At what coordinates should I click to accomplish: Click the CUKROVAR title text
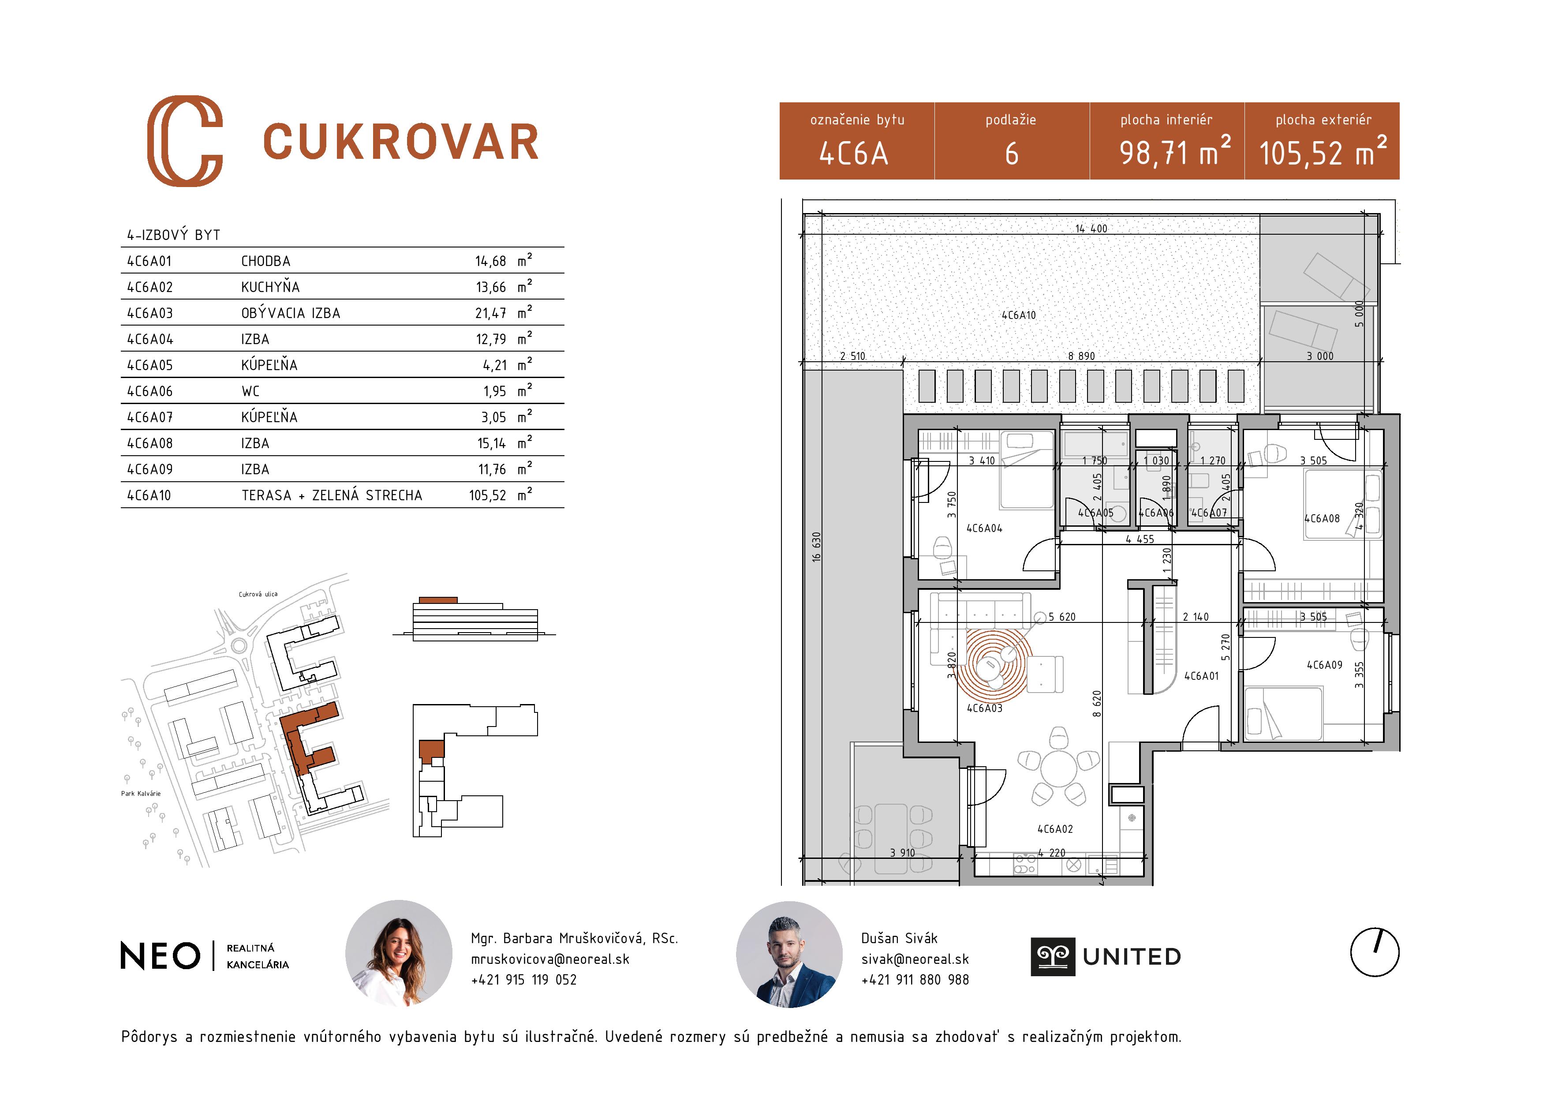[x=401, y=142]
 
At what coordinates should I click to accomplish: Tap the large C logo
[x=185, y=141]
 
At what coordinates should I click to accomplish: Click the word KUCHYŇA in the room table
[x=270, y=287]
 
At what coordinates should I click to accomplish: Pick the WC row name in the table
[x=250, y=392]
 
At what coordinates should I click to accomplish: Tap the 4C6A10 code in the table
[x=149, y=495]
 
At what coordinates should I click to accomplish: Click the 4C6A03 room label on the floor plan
[x=984, y=708]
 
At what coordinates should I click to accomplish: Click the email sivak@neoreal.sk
[x=914, y=959]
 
